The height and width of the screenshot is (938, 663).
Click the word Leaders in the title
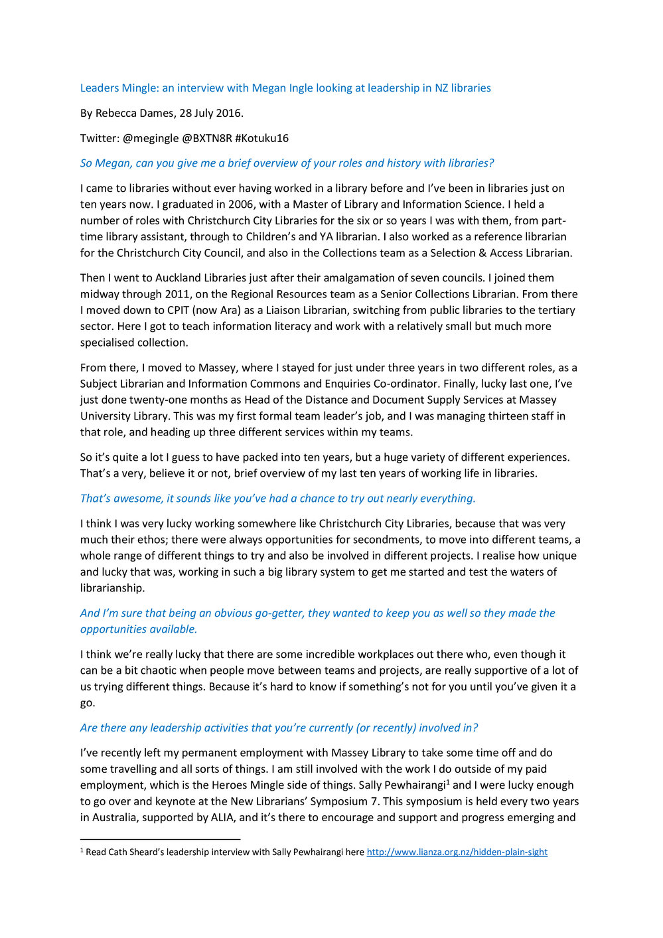point(100,88)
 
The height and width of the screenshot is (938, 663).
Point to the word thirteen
point(510,416)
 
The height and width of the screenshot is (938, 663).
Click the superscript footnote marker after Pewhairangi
point(449,782)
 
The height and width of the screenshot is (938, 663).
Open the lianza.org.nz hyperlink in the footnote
point(457,852)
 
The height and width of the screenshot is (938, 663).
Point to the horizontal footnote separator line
point(160,839)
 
